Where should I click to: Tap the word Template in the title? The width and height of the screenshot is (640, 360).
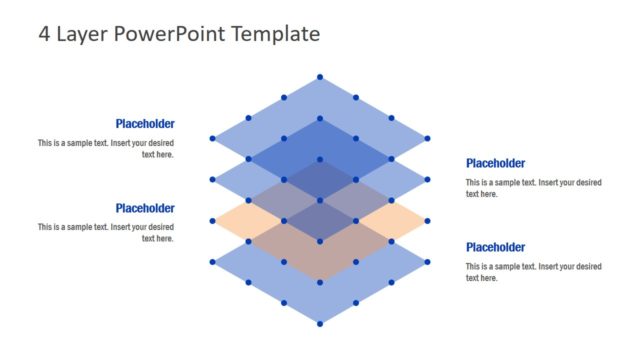click(275, 33)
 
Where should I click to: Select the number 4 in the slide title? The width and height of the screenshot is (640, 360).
click(44, 33)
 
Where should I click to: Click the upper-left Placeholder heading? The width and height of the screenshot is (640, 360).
click(145, 124)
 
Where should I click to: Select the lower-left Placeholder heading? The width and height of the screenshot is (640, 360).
click(145, 208)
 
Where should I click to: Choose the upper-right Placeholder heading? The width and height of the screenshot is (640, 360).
click(495, 163)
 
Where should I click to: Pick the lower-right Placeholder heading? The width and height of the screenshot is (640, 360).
click(495, 247)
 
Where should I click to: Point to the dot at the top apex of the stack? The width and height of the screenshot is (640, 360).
click(320, 76)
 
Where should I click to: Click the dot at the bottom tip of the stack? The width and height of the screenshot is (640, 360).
click(320, 323)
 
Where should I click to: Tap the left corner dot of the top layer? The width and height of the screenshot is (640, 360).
click(212, 138)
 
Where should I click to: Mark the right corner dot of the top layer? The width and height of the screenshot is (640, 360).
click(428, 138)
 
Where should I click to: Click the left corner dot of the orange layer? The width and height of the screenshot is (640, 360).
click(212, 221)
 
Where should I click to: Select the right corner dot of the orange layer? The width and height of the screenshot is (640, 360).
click(428, 221)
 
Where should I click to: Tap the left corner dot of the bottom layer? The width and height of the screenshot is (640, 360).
click(212, 262)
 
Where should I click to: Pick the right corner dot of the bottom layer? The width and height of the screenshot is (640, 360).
click(428, 262)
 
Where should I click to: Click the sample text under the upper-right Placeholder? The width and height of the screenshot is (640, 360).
click(533, 188)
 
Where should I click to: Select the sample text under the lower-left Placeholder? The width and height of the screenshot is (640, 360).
click(106, 232)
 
